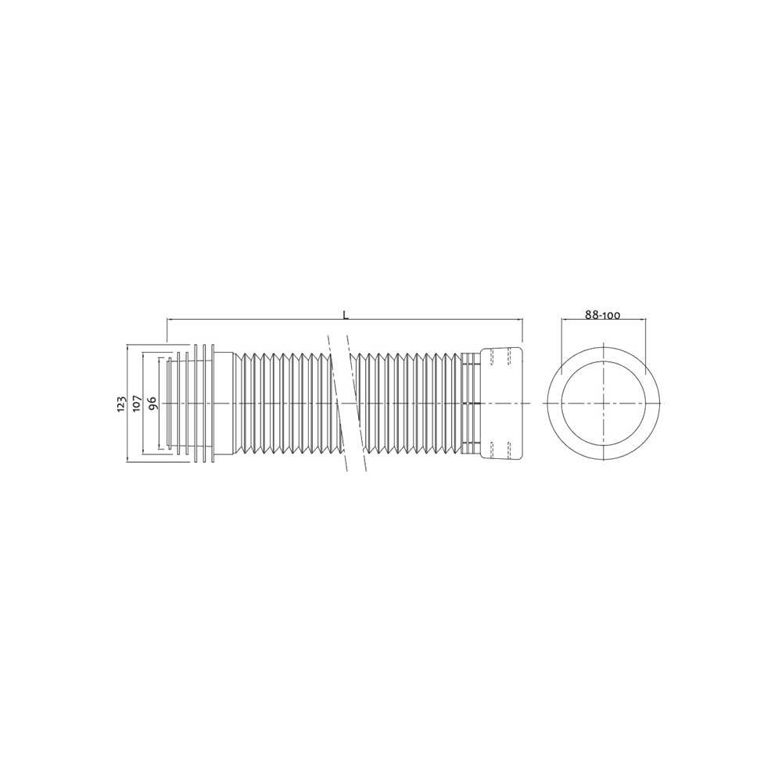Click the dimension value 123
(x=120, y=403)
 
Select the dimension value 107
(x=137, y=403)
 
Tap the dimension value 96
(x=152, y=403)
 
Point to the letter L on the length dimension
(x=345, y=314)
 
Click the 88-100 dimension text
(x=602, y=315)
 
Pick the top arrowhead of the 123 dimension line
(x=127, y=346)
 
